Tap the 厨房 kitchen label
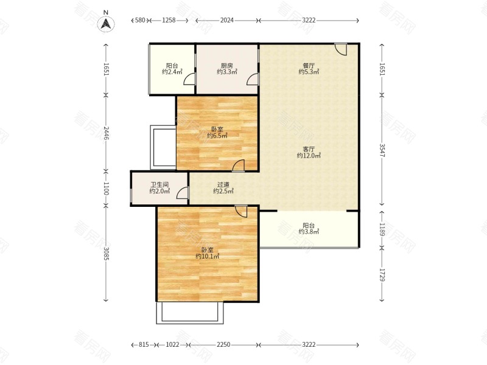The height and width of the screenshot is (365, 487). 226,66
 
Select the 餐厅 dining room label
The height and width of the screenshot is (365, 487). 309,66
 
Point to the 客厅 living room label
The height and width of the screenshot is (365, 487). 309,149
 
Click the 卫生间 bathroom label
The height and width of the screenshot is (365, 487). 159,185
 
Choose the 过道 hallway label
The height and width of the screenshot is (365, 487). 223,185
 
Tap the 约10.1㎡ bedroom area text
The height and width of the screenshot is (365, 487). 208,256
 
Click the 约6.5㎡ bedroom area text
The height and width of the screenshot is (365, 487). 217,136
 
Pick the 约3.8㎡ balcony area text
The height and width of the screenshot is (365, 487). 309,232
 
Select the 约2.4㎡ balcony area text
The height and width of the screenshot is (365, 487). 172,72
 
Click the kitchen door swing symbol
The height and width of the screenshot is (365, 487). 253,79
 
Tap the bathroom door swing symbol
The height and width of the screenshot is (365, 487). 183,193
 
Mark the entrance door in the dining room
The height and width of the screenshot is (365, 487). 340,49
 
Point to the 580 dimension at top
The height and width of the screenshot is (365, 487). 140,20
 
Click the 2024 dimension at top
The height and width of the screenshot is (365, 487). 226,20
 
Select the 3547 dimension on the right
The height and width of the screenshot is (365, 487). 382,150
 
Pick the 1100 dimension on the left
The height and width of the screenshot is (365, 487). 106,189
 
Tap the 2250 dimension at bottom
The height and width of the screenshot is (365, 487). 223,344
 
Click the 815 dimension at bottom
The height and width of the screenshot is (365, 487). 144,344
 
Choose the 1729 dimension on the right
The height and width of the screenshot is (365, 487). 382,275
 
